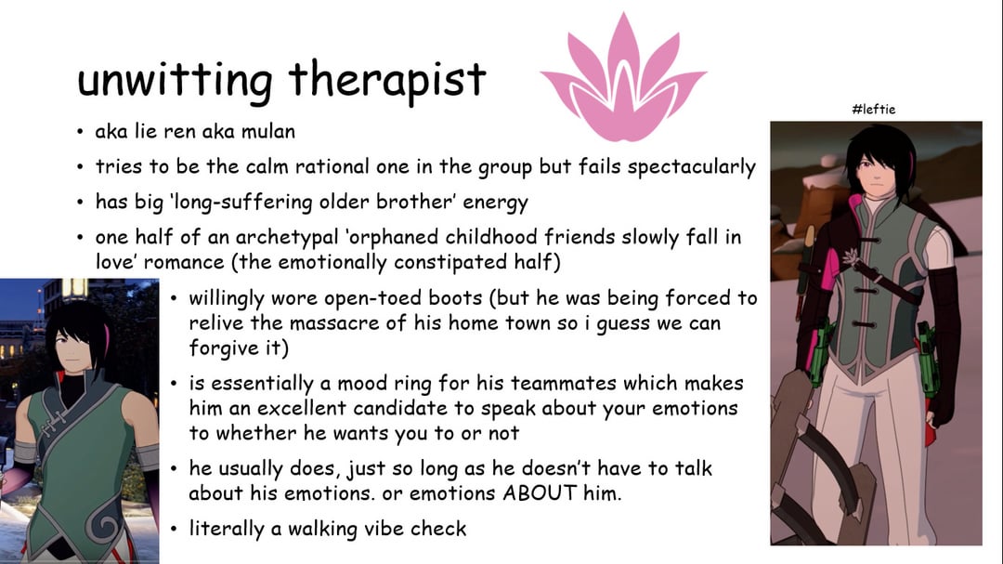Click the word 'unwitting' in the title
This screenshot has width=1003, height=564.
(174, 82)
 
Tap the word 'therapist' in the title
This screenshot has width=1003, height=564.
(387, 81)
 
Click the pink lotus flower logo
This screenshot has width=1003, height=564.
(623, 77)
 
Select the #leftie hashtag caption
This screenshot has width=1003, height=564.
(874, 109)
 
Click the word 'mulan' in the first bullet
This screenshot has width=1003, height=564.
(268, 131)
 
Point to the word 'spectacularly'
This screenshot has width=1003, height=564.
(691, 167)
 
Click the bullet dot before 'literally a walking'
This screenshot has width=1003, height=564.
(174, 529)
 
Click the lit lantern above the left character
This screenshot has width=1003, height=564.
(75, 289)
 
